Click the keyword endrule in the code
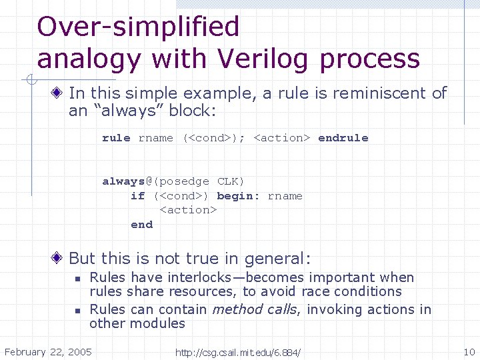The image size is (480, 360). point(343,138)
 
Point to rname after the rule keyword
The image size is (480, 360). point(155,138)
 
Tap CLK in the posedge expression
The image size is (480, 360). point(231,181)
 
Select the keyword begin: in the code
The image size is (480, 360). point(239,196)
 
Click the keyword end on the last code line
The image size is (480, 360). point(141,225)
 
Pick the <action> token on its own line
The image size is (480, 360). point(188,210)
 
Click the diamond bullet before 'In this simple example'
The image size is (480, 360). point(59,93)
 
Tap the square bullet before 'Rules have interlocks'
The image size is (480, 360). point(77,279)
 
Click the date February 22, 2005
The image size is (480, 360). point(48,351)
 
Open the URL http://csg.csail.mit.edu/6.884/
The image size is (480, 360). point(237,352)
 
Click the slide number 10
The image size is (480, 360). point(468,351)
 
